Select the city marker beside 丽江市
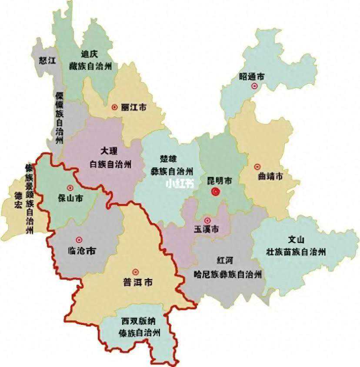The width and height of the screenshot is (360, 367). click(x=114, y=107)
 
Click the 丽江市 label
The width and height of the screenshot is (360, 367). click(x=134, y=107)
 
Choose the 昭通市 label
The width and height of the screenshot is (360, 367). click(x=252, y=77)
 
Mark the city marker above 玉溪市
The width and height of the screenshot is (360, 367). click(x=207, y=220)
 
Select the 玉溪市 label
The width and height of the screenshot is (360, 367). click(x=206, y=230)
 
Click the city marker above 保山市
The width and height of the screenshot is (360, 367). click(x=70, y=188)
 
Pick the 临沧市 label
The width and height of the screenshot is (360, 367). click(x=83, y=251)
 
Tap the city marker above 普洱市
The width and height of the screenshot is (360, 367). click(x=135, y=271)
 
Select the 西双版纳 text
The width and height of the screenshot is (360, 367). click(x=138, y=322)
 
